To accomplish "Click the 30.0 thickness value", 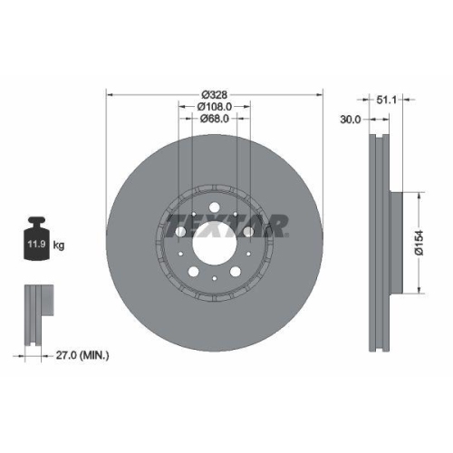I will click(351, 119).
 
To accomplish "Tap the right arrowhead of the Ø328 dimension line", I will click(323, 92).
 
